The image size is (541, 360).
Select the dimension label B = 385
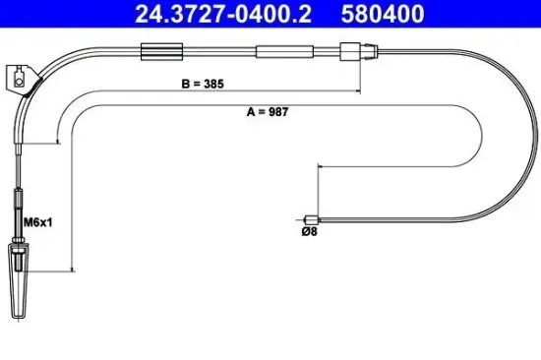[201, 85]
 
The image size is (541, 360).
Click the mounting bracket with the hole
[20, 76]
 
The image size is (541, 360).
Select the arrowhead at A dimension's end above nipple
[317, 168]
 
